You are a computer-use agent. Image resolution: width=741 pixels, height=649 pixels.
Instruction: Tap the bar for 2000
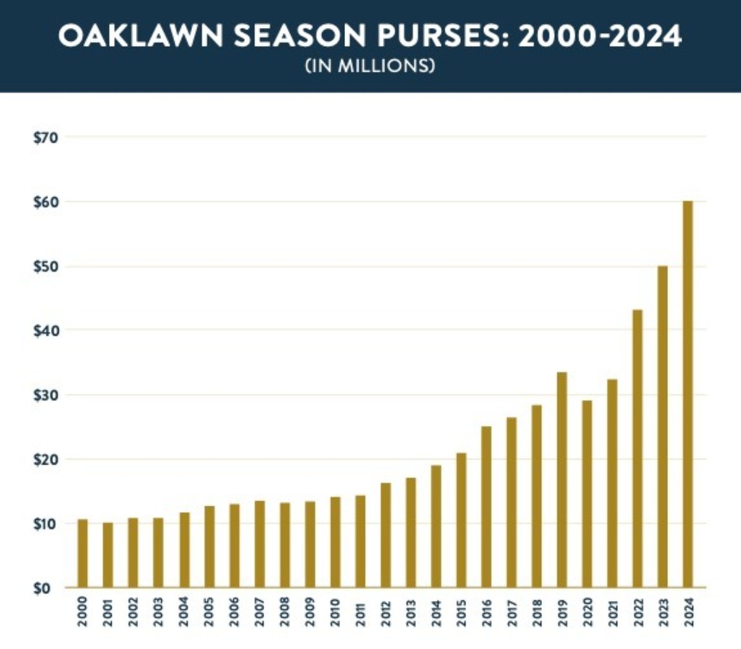83,553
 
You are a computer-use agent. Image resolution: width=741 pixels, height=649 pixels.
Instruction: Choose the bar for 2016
486,507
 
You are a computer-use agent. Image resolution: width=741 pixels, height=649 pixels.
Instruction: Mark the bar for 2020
587,494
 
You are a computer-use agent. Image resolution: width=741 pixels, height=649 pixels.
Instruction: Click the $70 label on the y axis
46,137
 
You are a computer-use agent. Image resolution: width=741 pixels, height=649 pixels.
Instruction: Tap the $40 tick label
46,331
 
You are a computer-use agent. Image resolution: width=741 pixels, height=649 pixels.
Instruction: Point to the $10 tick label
46,524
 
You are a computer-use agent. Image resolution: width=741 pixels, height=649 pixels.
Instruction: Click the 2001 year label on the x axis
108,612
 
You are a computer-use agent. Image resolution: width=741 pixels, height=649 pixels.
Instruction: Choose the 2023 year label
663,612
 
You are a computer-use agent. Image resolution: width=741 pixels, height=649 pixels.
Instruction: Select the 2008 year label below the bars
284,612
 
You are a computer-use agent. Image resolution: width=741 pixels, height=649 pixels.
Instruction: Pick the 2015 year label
461,612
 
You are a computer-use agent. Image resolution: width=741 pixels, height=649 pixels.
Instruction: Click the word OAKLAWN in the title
141,37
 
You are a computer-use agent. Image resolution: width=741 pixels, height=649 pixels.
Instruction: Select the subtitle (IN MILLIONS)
370,66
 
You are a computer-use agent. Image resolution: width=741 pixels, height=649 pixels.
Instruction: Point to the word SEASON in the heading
300,37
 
